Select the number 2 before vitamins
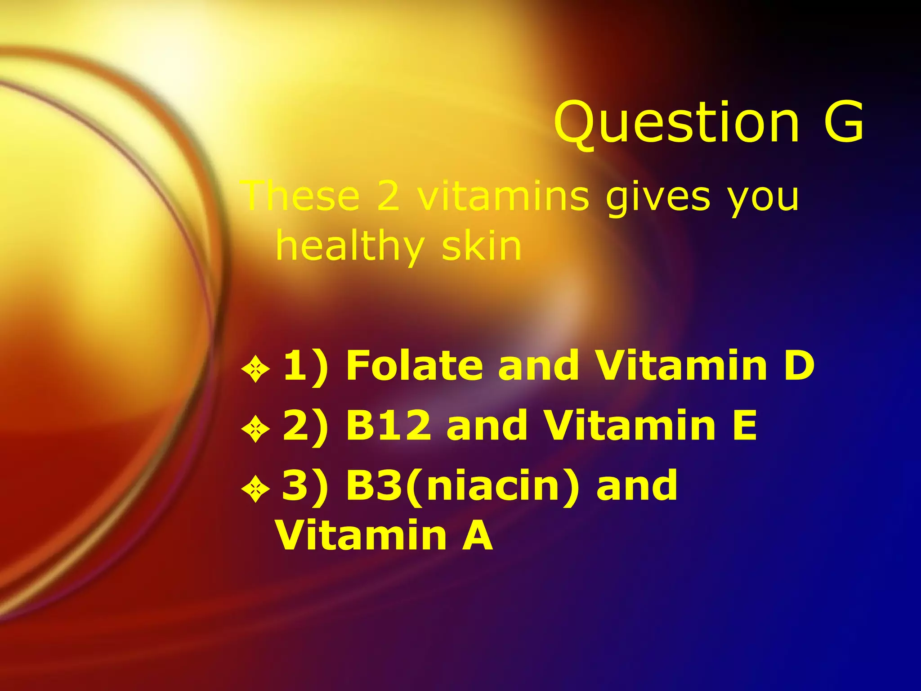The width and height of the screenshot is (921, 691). pyautogui.click(x=388, y=196)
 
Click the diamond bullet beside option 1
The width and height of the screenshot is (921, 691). pyautogui.click(x=255, y=369)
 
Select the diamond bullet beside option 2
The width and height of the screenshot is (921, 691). pyautogui.click(x=255, y=429)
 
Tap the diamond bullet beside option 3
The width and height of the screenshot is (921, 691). pyautogui.click(x=255, y=489)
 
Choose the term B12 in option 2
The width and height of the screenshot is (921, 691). pyautogui.click(x=389, y=425)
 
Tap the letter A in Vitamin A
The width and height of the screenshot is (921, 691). pyautogui.click(x=478, y=535)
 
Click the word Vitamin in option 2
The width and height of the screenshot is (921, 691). pyautogui.click(x=630, y=425)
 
